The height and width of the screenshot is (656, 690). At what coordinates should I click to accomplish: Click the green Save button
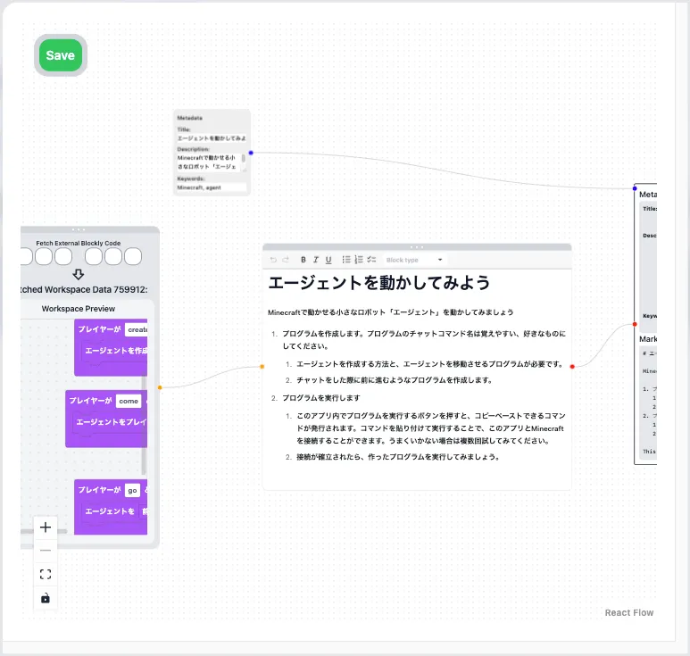tap(61, 55)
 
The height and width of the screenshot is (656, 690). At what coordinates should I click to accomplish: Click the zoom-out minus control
tap(46, 551)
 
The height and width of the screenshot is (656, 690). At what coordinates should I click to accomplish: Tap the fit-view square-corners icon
tap(46, 574)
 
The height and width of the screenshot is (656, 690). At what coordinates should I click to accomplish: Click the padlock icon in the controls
tap(46, 598)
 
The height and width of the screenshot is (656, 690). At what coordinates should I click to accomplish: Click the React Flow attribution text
tap(628, 612)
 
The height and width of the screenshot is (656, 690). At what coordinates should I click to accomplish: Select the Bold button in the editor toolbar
tap(303, 260)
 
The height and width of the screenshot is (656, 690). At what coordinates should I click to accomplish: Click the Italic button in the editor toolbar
tap(316, 260)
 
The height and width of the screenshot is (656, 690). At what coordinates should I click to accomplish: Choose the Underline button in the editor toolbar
tap(328, 260)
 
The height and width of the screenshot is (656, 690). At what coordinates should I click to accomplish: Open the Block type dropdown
tap(414, 260)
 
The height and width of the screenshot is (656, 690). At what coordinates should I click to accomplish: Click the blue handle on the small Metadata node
tap(251, 153)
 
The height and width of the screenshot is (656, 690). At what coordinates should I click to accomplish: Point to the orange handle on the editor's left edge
tap(262, 366)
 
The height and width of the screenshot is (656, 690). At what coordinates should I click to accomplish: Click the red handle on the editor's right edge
tap(572, 366)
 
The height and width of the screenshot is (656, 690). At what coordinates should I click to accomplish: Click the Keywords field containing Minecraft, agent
tap(211, 187)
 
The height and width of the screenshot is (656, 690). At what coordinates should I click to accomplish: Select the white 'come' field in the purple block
tap(129, 401)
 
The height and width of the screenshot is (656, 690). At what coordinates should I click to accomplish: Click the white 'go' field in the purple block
tap(132, 490)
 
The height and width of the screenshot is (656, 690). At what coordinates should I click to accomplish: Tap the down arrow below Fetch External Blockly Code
tap(78, 274)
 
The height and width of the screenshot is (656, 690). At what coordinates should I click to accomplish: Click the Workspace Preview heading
tap(79, 309)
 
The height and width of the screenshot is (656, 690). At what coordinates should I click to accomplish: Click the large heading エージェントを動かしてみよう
tap(379, 283)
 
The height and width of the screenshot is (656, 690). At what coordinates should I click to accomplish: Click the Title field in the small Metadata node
tap(212, 138)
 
